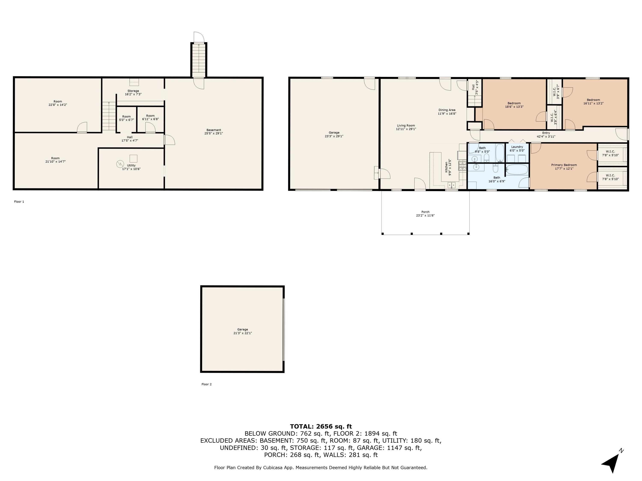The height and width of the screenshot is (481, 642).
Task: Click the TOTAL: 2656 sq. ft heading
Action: (x=321, y=426)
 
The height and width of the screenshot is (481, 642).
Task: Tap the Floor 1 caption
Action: (x=19, y=202)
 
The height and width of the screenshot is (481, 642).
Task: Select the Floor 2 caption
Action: (x=206, y=384)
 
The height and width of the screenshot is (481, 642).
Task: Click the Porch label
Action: (x=425, y=212)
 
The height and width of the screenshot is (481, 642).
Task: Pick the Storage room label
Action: (x=133, y=91)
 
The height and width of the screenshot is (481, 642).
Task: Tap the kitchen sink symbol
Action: (x=451, y=185)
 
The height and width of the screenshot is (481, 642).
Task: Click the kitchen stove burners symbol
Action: (x=462, y=165)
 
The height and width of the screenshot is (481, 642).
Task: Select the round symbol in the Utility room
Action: (x=120, y=164)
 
